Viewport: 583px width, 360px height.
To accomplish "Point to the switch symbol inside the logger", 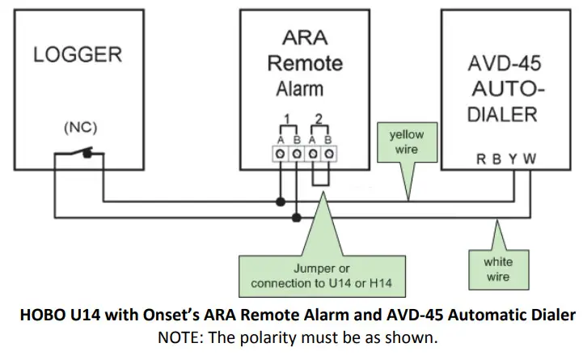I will (77, 152).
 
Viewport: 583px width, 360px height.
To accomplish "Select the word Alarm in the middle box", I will (300, 88).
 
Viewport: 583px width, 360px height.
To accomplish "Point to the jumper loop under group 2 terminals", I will (320, 178).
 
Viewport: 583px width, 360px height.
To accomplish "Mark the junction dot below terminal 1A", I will (281, 201).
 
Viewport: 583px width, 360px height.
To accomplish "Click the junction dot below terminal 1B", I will (297, 217).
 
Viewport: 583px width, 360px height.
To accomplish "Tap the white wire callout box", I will (498, 268).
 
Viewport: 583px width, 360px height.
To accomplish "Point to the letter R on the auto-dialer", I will (483, 159).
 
